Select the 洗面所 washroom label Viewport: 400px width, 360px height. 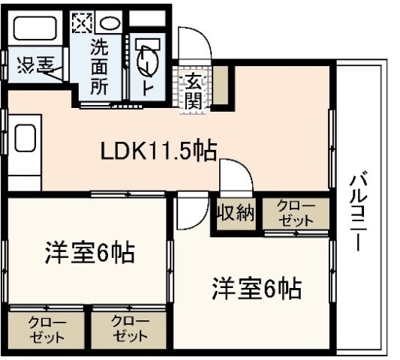[100, 65]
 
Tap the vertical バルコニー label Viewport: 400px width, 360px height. [359, 212]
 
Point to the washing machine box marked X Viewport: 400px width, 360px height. [80, 22]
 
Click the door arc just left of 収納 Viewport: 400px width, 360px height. [235, 178]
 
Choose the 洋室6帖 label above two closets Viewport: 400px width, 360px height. [88, 253]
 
